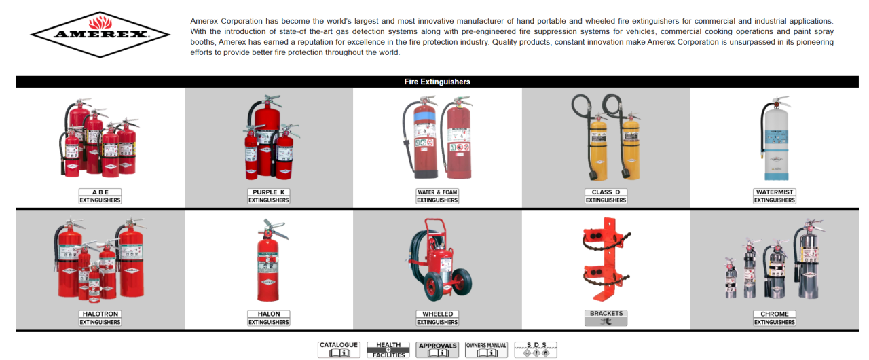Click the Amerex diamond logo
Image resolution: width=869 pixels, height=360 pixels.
[100, 33]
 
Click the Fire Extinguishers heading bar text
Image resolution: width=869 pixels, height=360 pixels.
[437, 82]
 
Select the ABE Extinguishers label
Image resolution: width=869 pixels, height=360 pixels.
[100, 196]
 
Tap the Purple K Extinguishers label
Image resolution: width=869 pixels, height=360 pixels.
[268, 196]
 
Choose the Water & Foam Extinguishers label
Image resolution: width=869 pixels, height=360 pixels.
[437, 196]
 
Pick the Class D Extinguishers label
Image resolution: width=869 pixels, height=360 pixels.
[606, 196]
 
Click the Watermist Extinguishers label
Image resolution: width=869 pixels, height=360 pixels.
[774, 196]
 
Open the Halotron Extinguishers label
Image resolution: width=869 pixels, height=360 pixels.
[100, 318]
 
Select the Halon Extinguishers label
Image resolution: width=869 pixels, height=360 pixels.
[268, 318]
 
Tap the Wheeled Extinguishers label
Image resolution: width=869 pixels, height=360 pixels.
[437, 318]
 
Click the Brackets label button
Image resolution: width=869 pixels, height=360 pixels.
[606, 318]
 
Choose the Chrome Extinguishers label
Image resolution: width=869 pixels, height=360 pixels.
[774, 318]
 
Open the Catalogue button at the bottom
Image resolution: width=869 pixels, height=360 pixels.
[338, 349]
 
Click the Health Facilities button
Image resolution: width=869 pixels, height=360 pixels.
[388, 349]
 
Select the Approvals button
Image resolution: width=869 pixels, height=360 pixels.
[437, 349]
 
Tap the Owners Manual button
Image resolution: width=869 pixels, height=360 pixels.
[486, 349]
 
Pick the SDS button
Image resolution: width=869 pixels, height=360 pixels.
[535, 349]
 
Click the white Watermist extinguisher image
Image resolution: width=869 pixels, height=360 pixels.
[775, 139]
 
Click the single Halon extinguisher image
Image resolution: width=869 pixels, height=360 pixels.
[268, 262]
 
